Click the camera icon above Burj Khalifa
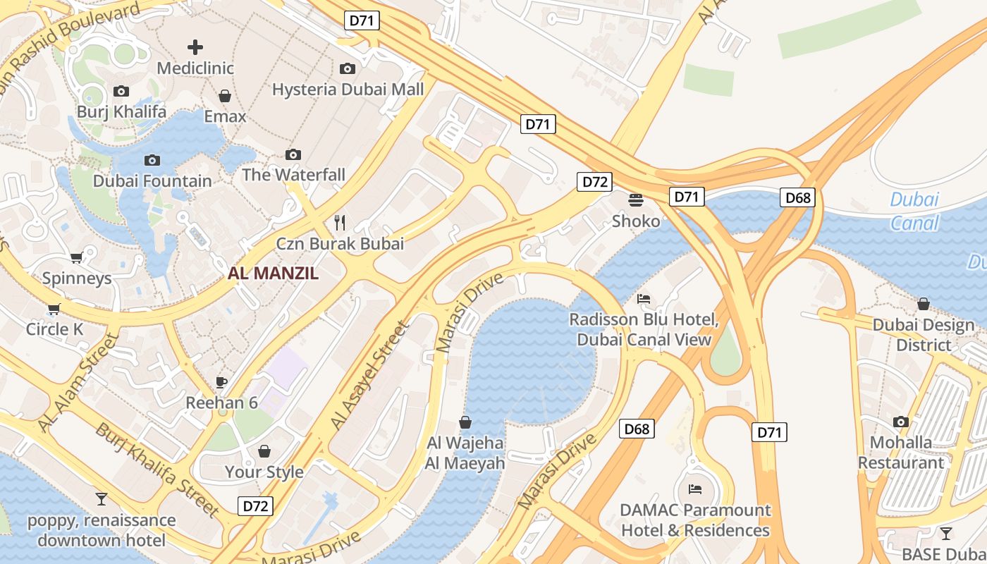121,92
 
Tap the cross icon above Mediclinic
195,47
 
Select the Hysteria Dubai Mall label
348,90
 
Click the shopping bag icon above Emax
225,96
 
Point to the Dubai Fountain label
152,181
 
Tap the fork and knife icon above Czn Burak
340,223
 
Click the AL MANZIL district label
273,274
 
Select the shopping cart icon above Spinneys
77,257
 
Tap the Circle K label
54,329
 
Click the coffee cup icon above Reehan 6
221,382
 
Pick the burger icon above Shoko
636,200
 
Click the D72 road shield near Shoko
594,182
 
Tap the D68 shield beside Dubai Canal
798,197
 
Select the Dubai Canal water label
914,211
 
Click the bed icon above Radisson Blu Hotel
644,299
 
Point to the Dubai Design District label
923,335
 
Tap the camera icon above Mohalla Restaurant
900,422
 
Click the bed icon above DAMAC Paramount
695,489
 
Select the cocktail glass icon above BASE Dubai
945,534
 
